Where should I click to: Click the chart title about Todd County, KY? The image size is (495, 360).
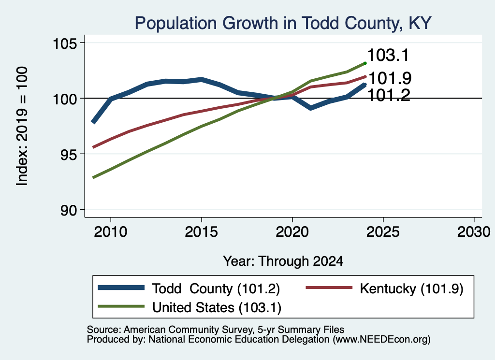tap(283, 23)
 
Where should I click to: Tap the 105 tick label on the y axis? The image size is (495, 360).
tap(65, 43)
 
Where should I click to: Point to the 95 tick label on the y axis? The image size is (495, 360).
tap(69, 155)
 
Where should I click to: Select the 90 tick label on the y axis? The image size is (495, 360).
tap(69, 210)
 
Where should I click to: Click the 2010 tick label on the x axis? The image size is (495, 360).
tap(111, 232)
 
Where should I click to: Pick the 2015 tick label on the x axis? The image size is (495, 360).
tap(202, 232)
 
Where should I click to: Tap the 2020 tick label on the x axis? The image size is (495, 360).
tap(292, 232)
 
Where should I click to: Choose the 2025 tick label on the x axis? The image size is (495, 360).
tap(383, 232)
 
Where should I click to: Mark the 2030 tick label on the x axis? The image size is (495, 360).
tap(474, 232)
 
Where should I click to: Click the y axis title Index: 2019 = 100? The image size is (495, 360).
tap(22, 126)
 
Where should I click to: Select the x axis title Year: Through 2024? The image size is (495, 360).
tap(283, 261)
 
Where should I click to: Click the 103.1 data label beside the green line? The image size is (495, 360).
tap(388, 55)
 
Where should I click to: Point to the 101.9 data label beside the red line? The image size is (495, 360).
tap(390, 78)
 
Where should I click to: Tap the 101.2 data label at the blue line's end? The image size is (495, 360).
tap(389, 95)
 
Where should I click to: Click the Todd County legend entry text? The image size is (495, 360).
tap(216, 288)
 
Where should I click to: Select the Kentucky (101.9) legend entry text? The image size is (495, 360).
tap(412, 288)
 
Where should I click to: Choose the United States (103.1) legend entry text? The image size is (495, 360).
tap(217, 308)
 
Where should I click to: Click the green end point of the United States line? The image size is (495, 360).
tap(365, 63)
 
